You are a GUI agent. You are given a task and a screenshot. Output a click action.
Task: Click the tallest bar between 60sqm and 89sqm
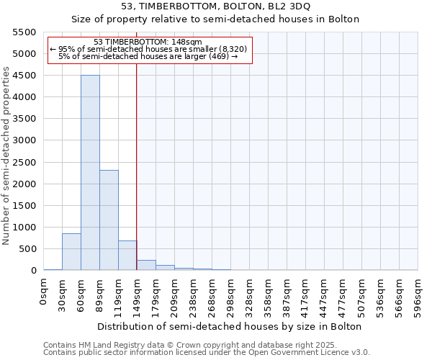(90, 173)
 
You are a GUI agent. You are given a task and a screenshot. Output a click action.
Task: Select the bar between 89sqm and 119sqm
(109, 220)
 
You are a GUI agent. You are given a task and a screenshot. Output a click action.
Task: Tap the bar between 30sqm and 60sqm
(71, 252)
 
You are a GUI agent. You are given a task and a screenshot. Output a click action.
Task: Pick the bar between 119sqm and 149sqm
(127, 256)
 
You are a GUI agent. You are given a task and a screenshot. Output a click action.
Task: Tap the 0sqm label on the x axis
(44, 289)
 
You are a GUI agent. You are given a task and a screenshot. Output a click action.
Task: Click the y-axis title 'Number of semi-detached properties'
(7, 156)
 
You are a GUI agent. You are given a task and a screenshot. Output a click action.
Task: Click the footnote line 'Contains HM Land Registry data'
(205, 345)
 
